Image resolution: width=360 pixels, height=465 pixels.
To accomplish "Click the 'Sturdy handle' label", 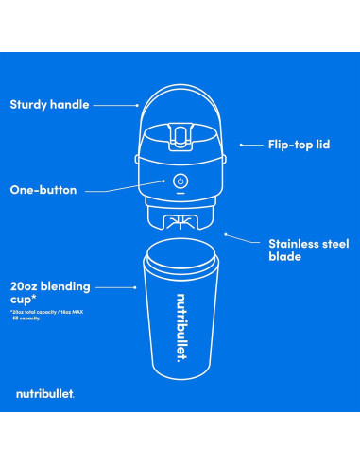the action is (x=48, y=104).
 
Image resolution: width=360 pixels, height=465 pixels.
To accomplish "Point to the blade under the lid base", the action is (x=180, y=224).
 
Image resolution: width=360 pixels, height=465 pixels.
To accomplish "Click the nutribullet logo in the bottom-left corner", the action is (x=44, y=392).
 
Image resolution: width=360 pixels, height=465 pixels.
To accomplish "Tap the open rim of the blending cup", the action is (x=180, y=255).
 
